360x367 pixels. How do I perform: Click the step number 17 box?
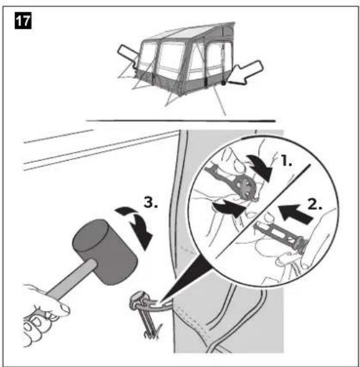pos(23,21)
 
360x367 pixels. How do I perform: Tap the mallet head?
pos(104,251)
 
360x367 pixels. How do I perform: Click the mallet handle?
pos(70,279)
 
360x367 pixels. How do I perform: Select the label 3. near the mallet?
pos(151,202)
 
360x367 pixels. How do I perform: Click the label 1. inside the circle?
pos(286,161)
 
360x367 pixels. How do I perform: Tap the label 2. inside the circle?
pos(315,204)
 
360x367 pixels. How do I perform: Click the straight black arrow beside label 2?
pos(295,214)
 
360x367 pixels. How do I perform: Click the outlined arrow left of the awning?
pos(127,56)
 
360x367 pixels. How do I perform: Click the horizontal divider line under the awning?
pos(181,121)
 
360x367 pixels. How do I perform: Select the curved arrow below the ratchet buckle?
pos(229,208)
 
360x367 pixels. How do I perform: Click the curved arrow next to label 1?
pos(261,167)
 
